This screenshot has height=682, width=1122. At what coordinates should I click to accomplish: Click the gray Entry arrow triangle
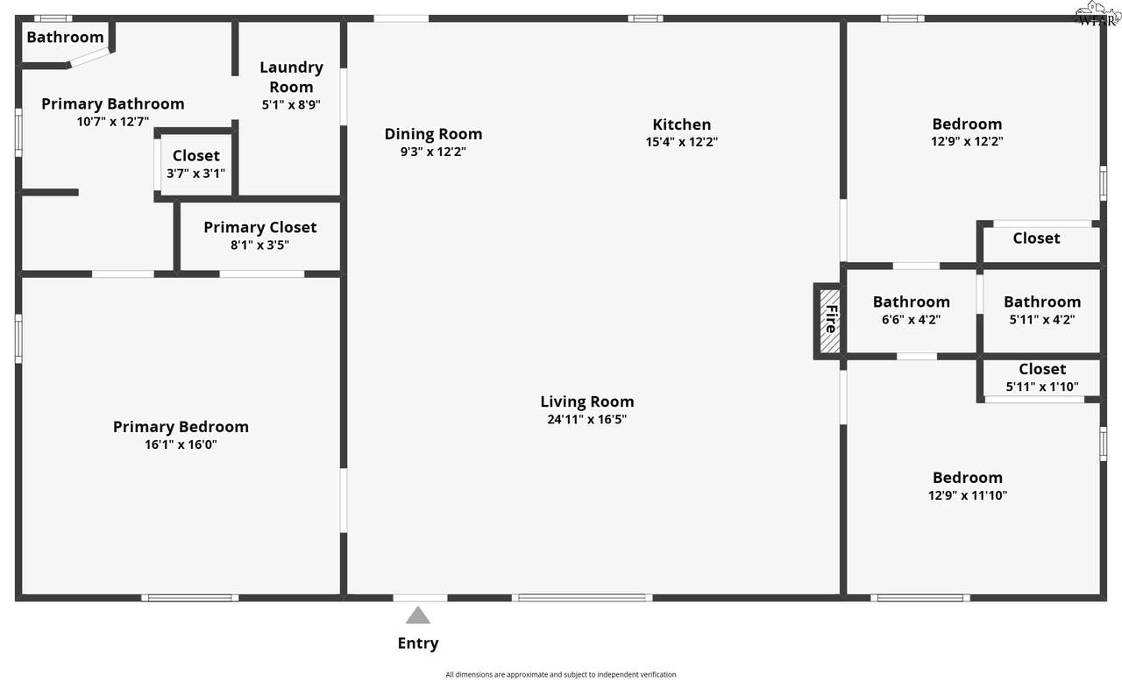(x=418, y=615)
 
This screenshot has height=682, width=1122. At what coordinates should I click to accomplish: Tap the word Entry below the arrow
(x=418, y=643)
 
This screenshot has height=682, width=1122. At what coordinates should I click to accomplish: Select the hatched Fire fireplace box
(x=830, y=321)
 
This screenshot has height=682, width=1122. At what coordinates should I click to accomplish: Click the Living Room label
(x=587, y=401)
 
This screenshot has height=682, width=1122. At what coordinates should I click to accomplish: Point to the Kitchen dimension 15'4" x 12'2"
(x=682, y=142)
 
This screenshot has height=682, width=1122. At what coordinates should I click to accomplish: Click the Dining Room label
(x=433, y=134)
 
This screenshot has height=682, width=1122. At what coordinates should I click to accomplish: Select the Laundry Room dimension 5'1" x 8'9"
(x=291, y=104)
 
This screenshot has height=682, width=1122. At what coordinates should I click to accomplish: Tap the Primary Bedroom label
(x=181, y=427)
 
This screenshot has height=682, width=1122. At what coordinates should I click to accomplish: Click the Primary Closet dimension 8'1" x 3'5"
(x=260, y=245)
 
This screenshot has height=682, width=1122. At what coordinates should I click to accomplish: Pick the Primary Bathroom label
(x=113, y=103)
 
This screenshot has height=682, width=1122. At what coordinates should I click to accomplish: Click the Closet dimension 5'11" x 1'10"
(x=1042, y=387)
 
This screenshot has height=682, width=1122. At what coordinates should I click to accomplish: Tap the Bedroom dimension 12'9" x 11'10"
(x=967, y=495)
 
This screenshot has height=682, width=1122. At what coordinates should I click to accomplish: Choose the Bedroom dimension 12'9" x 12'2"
(x=967, y=141)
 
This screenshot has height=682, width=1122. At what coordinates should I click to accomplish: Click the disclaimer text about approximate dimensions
(x=560, y=674)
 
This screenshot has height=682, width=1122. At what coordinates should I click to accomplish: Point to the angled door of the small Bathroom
(x=89, y=58)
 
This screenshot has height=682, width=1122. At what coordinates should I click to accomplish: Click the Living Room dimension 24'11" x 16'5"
(x=587, y=419)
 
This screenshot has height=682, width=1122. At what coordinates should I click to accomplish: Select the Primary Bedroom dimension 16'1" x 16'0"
(x=181, y=444)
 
